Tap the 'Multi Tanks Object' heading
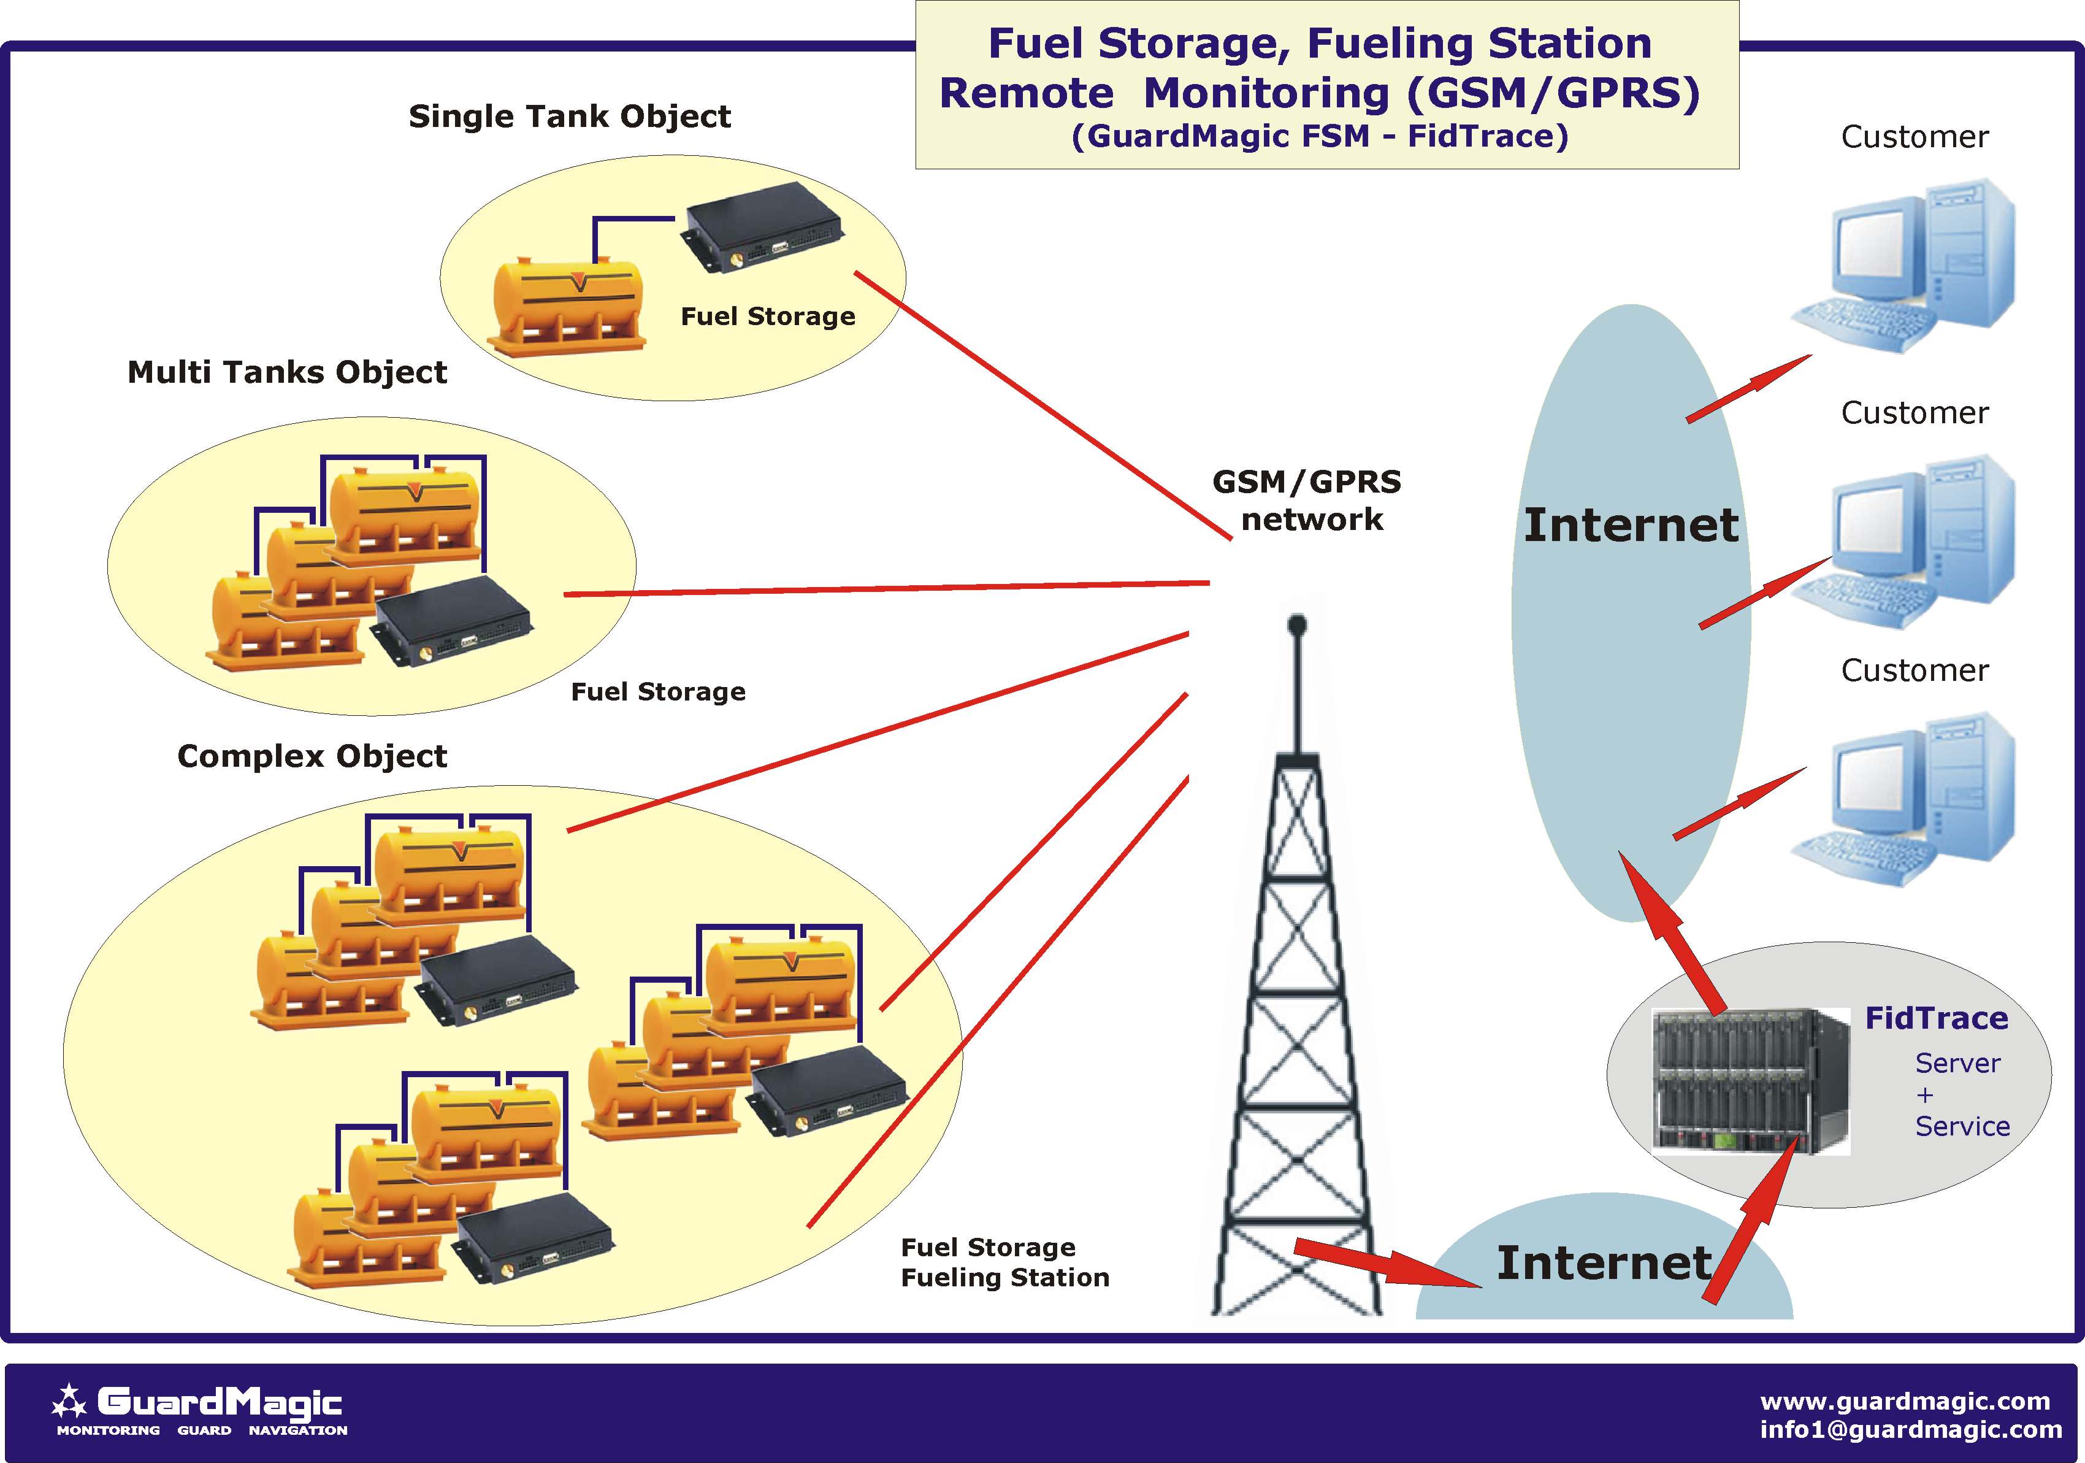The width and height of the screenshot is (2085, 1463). tap(287, 372)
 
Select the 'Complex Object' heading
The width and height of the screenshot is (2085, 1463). tap(312, 756)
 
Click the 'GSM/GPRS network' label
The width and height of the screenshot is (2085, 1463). tap(1307, 501)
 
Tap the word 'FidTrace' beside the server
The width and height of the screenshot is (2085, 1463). tap(1936, 1019)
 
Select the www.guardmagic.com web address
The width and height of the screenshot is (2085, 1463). tap(1904, 1401)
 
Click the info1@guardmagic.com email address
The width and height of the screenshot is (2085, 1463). tap(1911, 1429)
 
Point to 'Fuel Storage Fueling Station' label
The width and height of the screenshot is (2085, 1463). tap(1004, 1262)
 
